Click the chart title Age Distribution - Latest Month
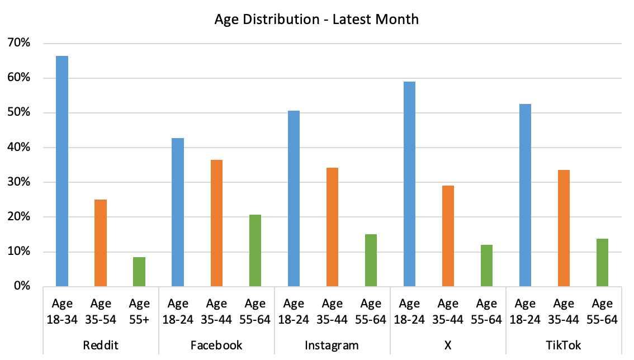(316, 19)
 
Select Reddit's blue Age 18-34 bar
(62, 171)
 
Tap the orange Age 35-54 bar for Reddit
(101, 243)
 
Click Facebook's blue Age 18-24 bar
(178, 212)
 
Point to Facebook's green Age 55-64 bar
(255, 250)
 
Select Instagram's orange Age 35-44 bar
(332, 227)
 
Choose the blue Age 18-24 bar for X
(409, 184)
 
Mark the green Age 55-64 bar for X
(486, 266)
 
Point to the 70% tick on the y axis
(25, 43)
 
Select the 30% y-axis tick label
(25, 182)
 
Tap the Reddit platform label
(101, 345)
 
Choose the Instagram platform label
(332, 345)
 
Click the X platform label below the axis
(448, 345)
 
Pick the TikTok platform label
(564, 345)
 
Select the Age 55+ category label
(139, 311)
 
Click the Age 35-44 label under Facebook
(216, 311)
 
